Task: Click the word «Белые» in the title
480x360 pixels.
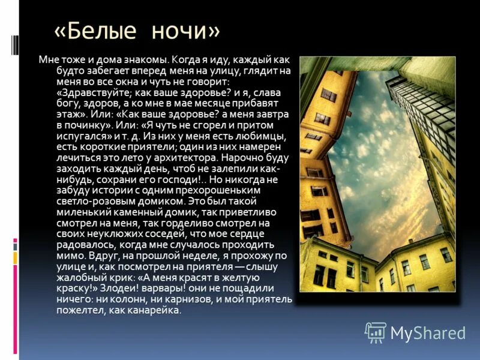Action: pos(100,31)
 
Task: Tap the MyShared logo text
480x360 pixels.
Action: pos(428,332)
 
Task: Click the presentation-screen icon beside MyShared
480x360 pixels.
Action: pos(376,332)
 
